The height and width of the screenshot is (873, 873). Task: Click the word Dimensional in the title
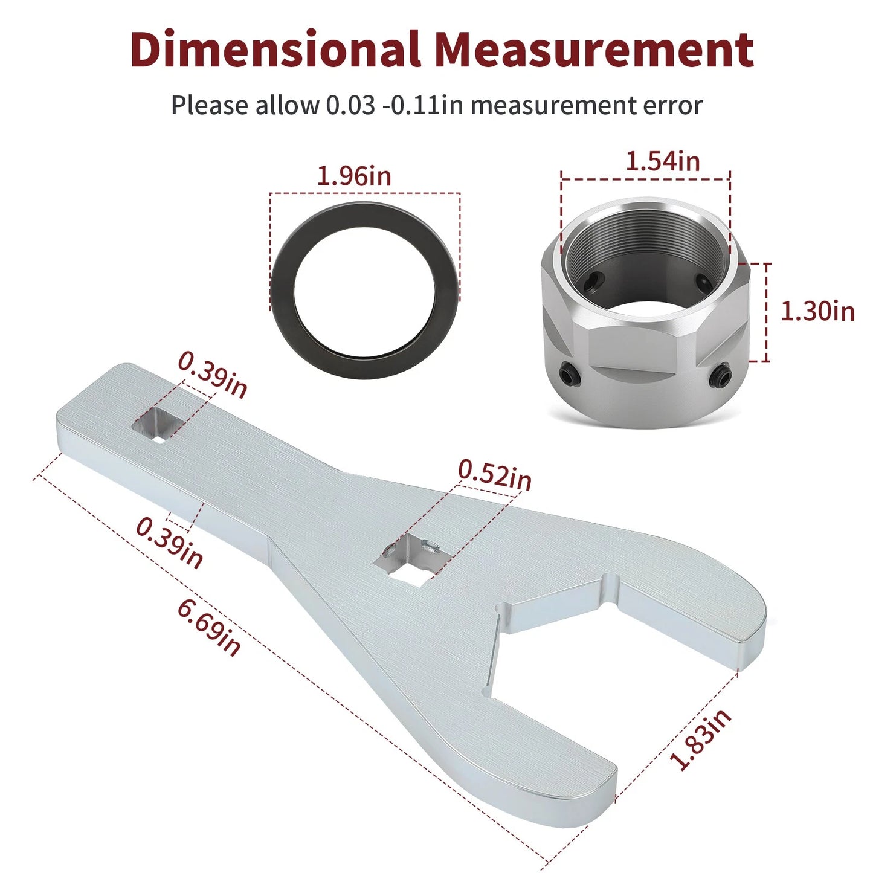[275, 50]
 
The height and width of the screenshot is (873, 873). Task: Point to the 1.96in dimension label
[354, 176]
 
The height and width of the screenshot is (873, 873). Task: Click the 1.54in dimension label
[662, 161]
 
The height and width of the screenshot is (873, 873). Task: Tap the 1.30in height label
[817, 312]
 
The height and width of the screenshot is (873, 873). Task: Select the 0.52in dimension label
[495, 475]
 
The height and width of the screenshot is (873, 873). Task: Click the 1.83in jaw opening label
[701, 739]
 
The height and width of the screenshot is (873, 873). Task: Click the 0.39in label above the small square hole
[213, 375]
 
